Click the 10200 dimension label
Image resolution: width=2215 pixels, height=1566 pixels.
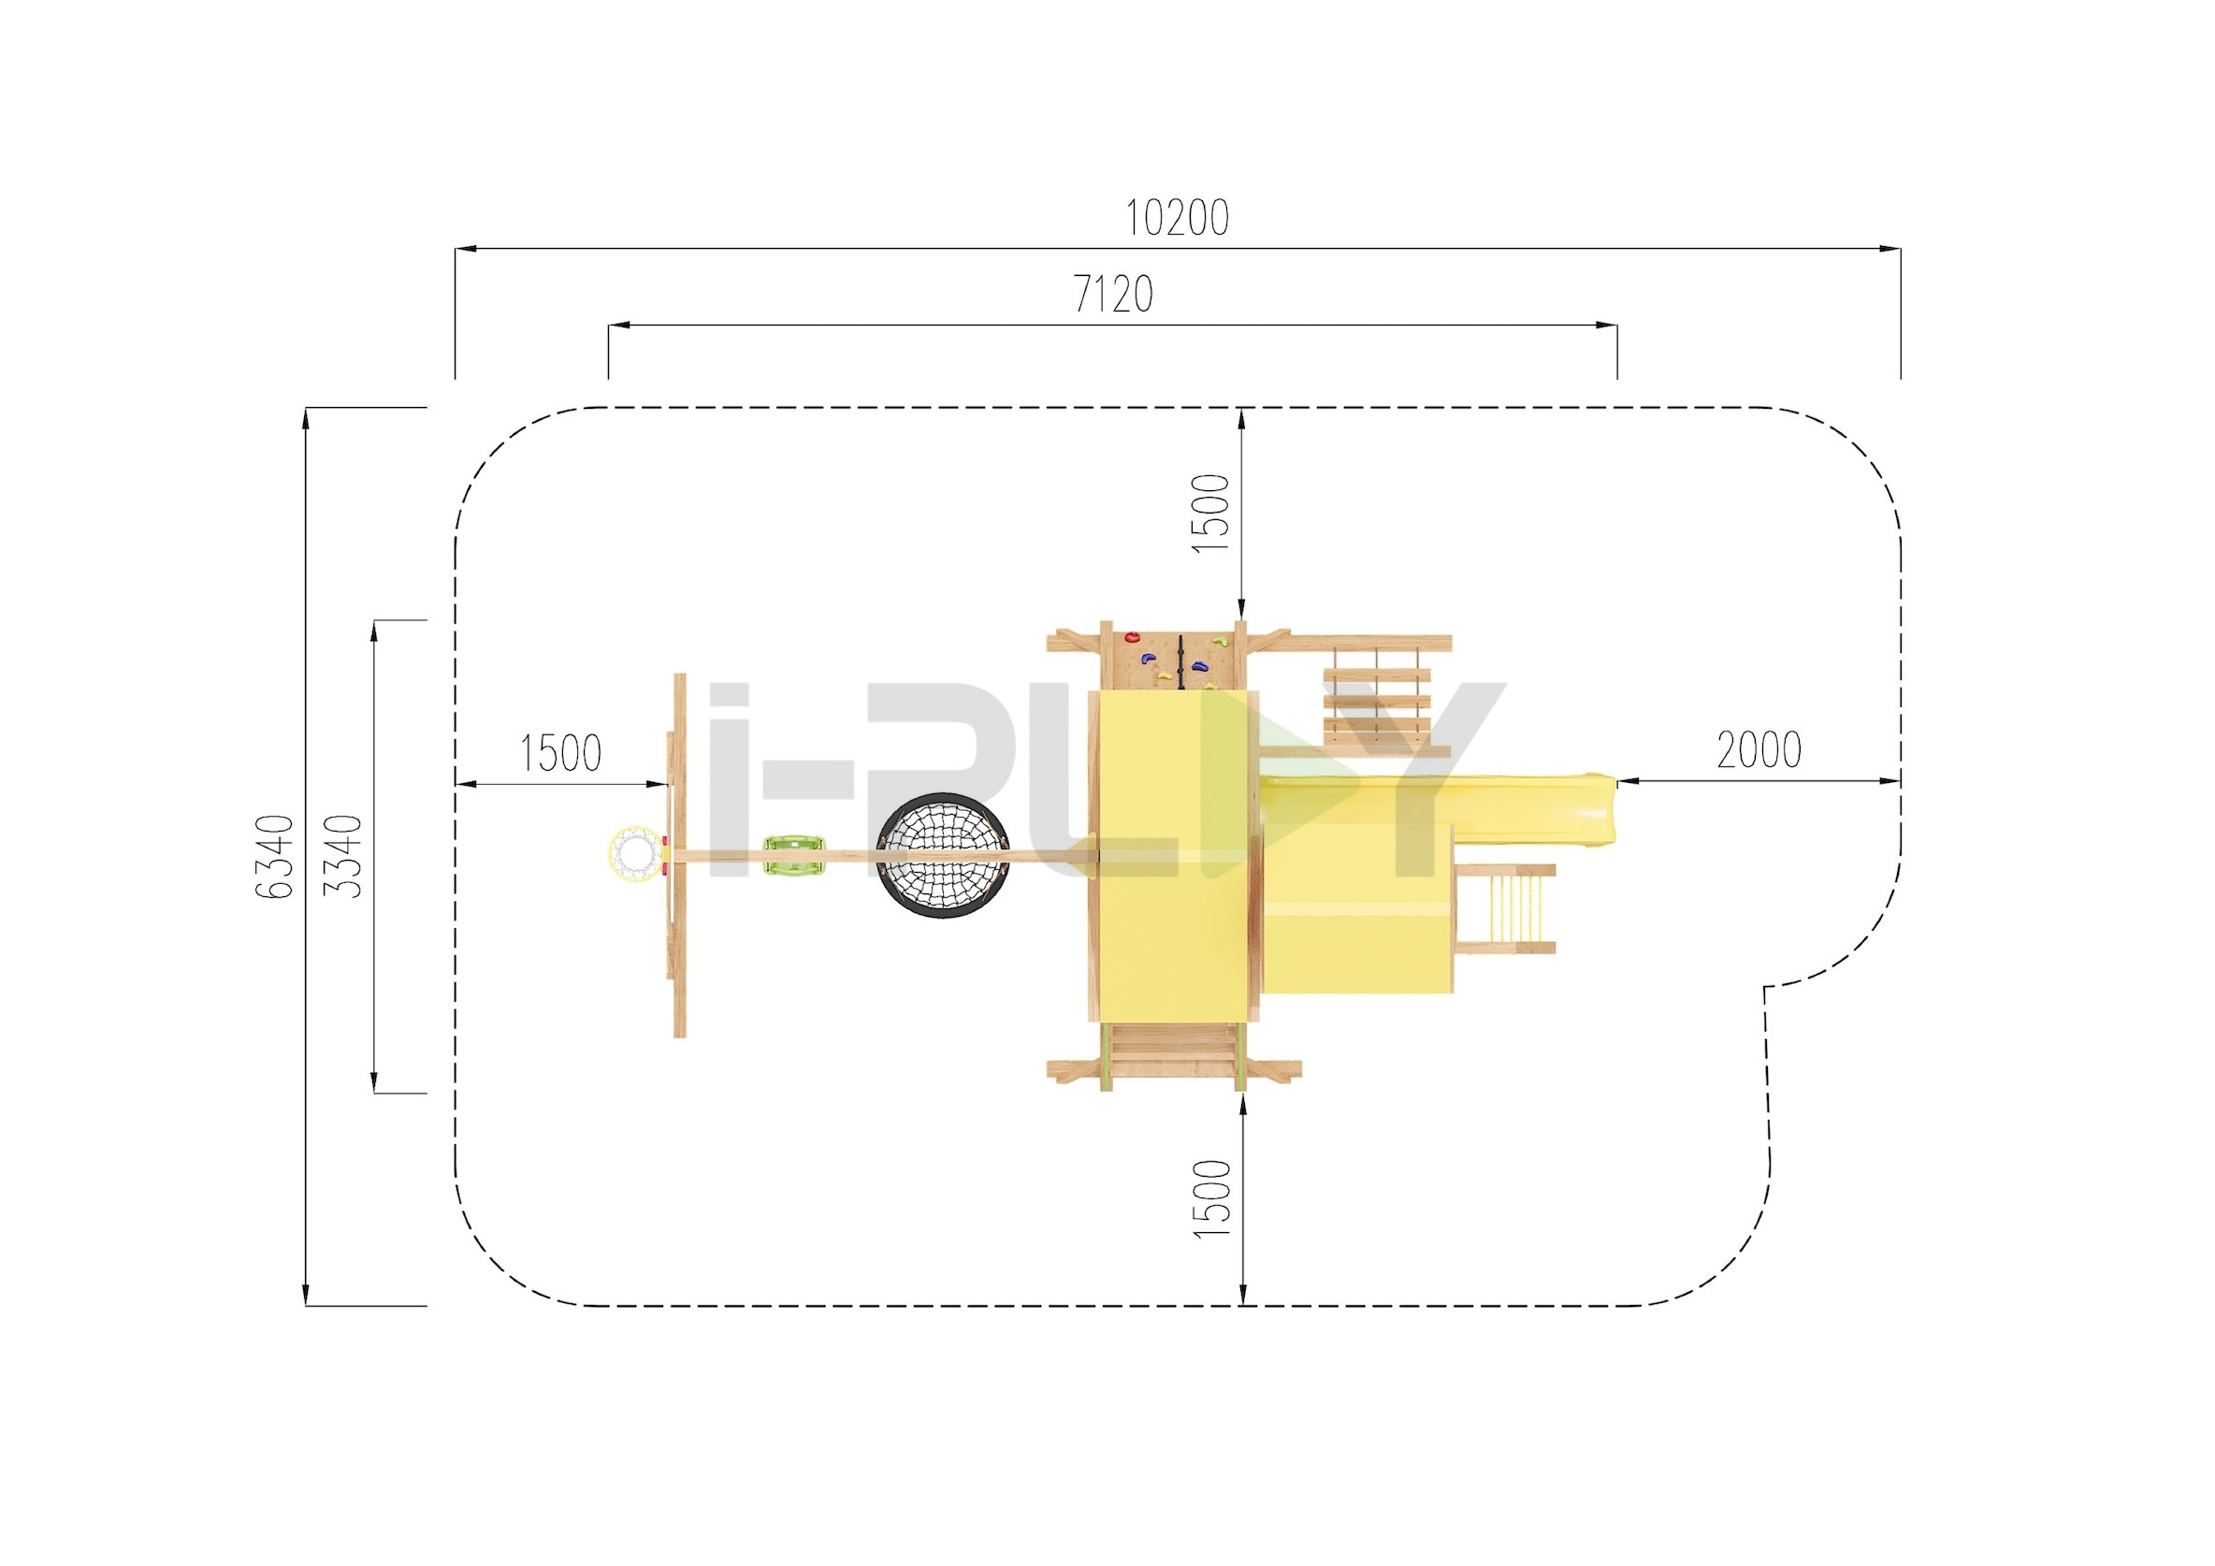1177,218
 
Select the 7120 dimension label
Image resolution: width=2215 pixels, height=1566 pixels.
1113,295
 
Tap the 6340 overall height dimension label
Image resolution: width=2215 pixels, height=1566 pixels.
275,857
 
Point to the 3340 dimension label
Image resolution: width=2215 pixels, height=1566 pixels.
342,857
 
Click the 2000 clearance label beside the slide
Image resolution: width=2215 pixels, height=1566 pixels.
1759,749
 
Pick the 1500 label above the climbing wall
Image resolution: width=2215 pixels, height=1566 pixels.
1211,514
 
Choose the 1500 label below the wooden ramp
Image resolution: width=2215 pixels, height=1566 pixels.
1212,1199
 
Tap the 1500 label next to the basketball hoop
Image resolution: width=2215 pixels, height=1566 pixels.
560,753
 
